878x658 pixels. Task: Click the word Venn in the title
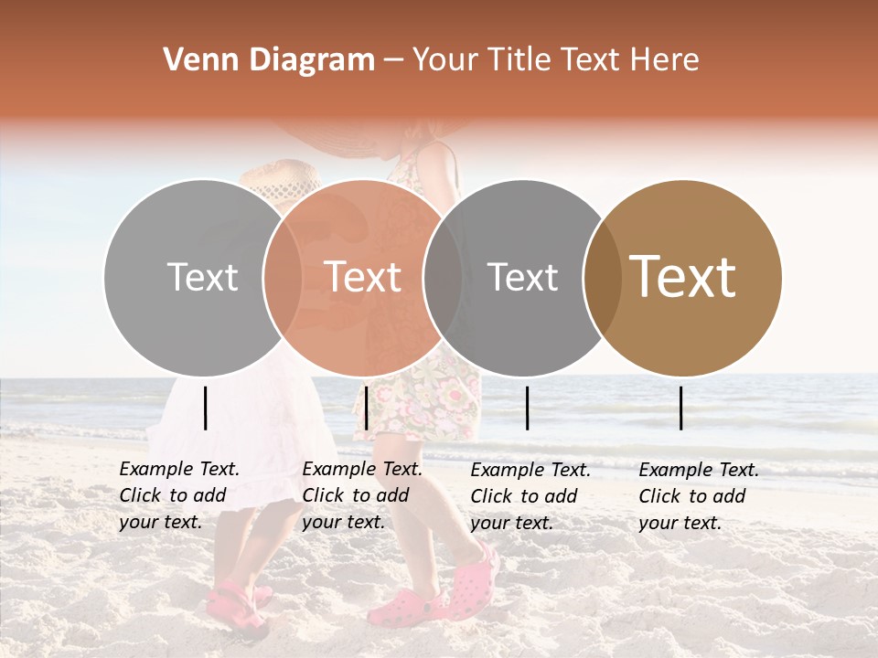click(192, 60)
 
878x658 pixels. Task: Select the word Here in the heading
click(666, 60)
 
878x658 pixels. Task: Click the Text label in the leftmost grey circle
click(202, 278)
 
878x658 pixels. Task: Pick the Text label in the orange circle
click(362, 278)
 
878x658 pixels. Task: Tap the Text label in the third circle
click(522, 278)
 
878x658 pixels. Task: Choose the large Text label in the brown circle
click(683, 277)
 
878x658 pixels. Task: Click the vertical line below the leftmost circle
click(205, 408)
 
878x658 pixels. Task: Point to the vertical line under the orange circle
click(366, 408)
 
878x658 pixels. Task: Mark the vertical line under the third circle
click(528, 408)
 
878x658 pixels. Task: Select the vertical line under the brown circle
click(681, 408)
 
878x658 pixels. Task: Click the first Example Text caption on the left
click(179, 495)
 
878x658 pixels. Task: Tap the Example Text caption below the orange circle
click(362, 495)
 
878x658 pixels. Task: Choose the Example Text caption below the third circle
click(530, 496)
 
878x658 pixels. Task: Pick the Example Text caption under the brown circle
click(699, 496)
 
